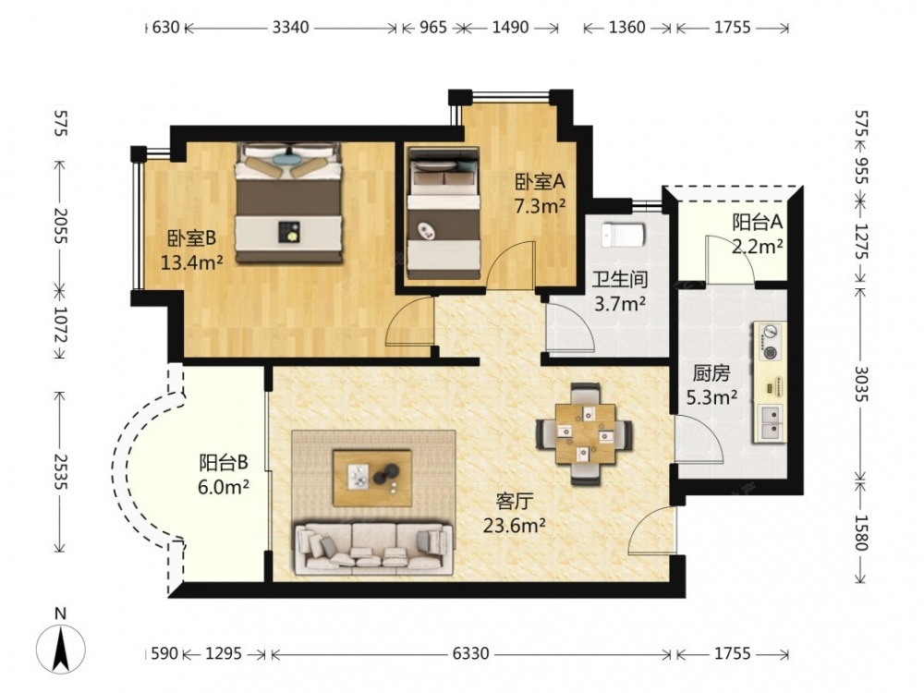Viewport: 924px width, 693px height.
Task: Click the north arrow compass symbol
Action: point(61,650)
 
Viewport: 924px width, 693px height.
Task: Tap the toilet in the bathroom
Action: point(624,234)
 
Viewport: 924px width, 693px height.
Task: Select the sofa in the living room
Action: point(373,548)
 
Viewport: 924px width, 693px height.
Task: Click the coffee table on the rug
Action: point(372,478)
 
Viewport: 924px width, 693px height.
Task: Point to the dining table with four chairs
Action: point(585,434)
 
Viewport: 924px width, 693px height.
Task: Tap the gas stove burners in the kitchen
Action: point(769,342)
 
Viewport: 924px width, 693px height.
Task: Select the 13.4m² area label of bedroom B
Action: point(192,261)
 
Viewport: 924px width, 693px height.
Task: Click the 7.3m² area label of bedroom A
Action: point(541,206)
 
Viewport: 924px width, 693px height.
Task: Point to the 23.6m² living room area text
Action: point(514,525)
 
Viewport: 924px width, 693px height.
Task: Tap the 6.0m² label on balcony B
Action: point(224,487)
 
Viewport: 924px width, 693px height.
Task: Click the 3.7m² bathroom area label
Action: point(620,303)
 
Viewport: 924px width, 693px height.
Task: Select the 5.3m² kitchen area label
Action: point(711,397)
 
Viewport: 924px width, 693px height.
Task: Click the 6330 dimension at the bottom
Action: point(471,653)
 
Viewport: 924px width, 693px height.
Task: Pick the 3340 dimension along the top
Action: point(290,27)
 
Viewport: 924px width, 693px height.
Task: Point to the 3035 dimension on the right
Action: point(861,383)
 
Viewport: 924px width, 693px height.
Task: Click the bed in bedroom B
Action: point(288,202)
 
